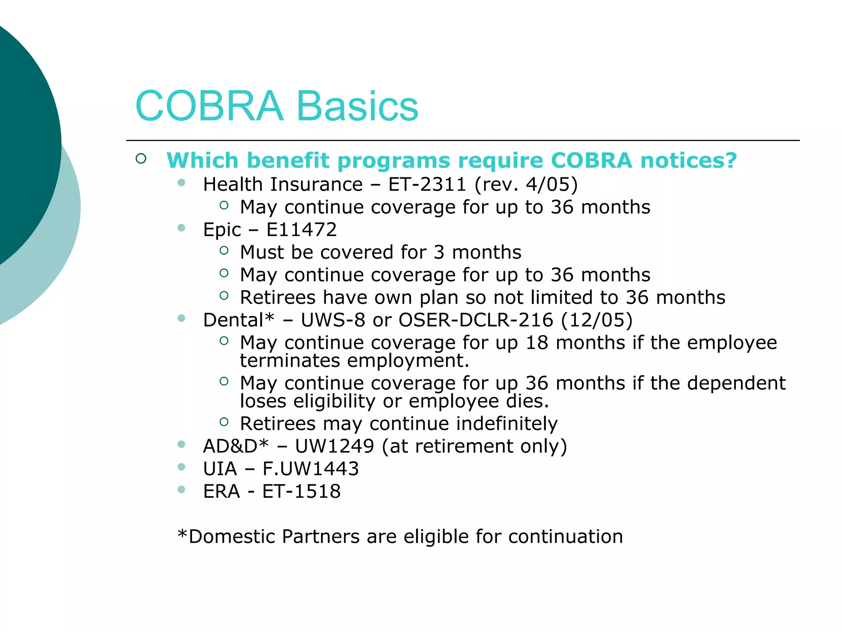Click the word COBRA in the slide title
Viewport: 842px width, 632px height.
coord(209,106)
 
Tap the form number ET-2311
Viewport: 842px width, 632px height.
coord(427,184)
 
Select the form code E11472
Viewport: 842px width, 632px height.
coord(301,230)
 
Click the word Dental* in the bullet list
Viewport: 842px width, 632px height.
coord(238,320)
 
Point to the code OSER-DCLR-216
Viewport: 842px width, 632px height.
coord(476,320)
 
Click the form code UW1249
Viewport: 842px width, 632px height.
coord(334,446)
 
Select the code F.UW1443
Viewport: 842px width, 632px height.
coord(310,469)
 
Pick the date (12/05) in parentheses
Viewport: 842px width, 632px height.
coord(597,320)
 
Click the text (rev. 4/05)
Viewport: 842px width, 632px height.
coord(526,184)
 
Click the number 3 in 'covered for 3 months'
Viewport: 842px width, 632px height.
coord(439,252)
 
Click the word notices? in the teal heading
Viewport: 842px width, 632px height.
coord(689,160)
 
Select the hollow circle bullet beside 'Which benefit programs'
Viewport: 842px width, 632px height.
coord(141,159)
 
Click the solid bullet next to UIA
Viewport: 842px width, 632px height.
coord(181,467)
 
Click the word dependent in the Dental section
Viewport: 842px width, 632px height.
coord(736,383)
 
